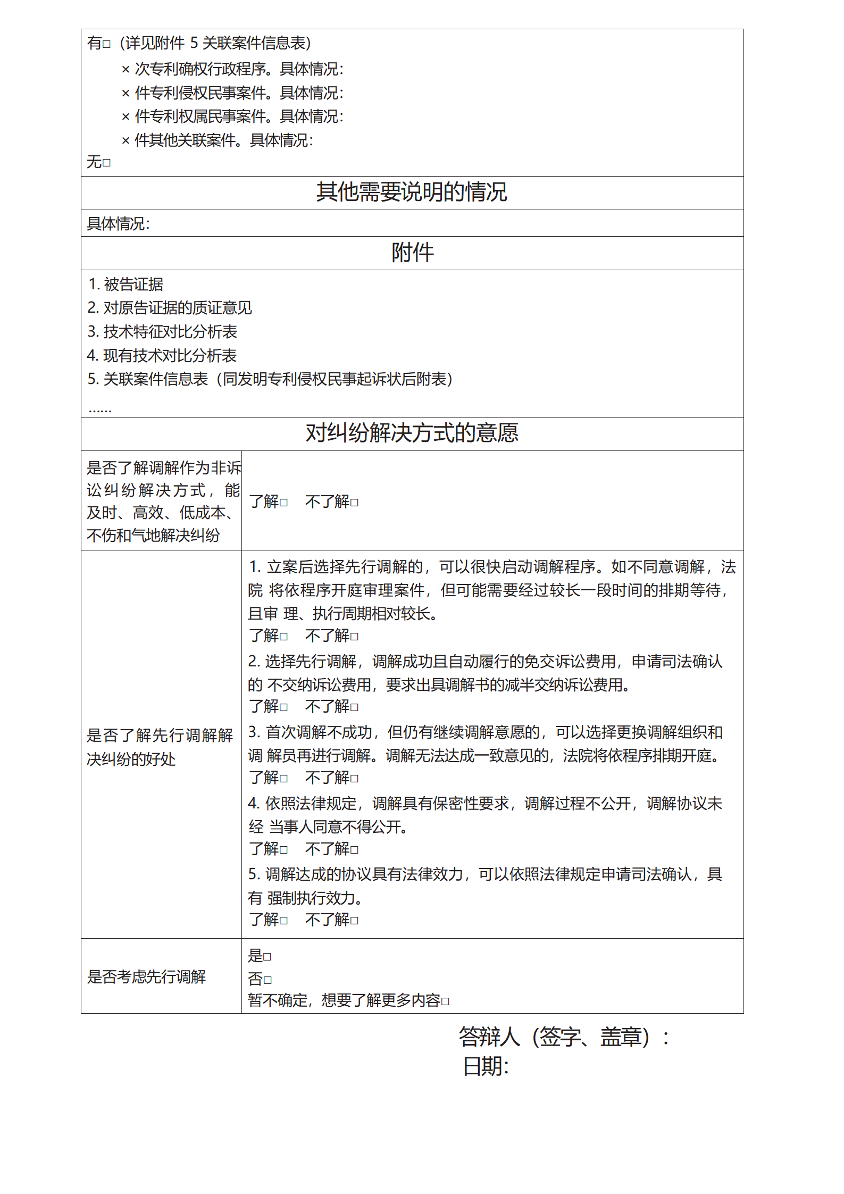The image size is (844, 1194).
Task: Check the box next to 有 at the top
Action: click(x=107, y=44)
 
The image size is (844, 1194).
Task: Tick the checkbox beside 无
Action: click(x=107, y=163)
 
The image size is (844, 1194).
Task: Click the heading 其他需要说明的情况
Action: click(x=412, y=192)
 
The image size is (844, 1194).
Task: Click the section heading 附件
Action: click(x=412, y=253)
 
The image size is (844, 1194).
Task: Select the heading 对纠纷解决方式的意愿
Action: click(x=412, y=433)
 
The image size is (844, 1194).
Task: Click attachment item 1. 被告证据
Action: click(x=126, y=285)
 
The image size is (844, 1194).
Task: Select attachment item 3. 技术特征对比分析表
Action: click(x=162, y=332)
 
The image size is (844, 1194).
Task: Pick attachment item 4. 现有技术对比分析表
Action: click(x=162, y=355)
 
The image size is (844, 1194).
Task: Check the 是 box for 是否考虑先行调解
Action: click(x=267, y=957)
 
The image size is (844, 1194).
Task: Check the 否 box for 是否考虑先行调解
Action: click(x=267, y=980)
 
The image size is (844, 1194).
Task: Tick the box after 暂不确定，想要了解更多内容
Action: click(x=445, y=1002)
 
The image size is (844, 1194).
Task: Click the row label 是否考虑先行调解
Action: click(x=146, y=976)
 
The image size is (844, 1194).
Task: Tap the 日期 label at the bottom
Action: click(x=486, y=1066)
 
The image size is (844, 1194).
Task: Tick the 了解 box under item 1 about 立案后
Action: click(x=284, y=637)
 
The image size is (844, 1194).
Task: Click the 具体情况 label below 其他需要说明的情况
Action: click(x=118, y=224)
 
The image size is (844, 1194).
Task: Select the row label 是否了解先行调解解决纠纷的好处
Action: click(x=160, y=747)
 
